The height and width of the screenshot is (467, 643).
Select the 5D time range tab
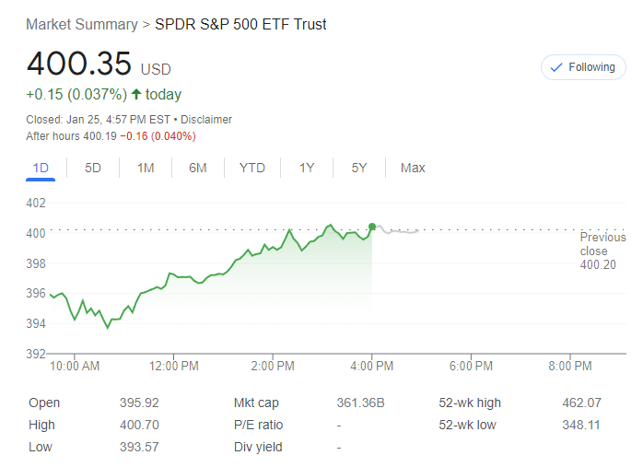tap(93, 168)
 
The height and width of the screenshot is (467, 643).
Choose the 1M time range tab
tap(146, 168)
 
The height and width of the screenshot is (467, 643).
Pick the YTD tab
tap(251, 168)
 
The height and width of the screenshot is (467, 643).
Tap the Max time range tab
tap(413, 168)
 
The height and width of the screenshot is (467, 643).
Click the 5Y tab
tap(359, 168)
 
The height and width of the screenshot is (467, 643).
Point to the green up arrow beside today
tap(136, 94)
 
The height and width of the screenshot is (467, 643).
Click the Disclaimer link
tap(206, 120)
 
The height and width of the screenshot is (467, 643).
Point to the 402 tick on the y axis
tap(36, 203)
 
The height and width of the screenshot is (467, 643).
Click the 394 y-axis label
tap(36, 323)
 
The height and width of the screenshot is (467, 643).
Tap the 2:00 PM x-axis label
tap(273, 366)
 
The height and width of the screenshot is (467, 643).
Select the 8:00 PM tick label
tap(570, 366)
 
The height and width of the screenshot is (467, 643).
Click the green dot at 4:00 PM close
tap(372, 227)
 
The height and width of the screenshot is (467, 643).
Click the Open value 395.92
tap(139, 403)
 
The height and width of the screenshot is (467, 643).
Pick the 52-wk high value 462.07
tap(581, 403)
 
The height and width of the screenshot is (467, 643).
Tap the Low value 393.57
tap(139, 447)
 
